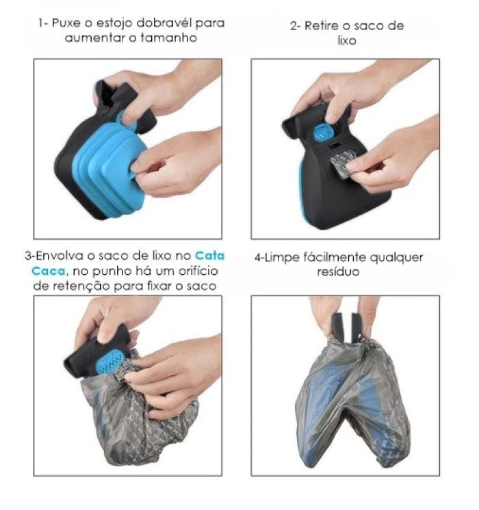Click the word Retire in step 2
[322, 26]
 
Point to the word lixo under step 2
[347, 41]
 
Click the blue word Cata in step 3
[209, 256]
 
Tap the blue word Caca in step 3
[49, 271]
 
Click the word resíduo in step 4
[338, 272]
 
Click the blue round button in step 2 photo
[322, 133]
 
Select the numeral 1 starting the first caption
[40, 23]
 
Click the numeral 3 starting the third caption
[28, 256]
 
